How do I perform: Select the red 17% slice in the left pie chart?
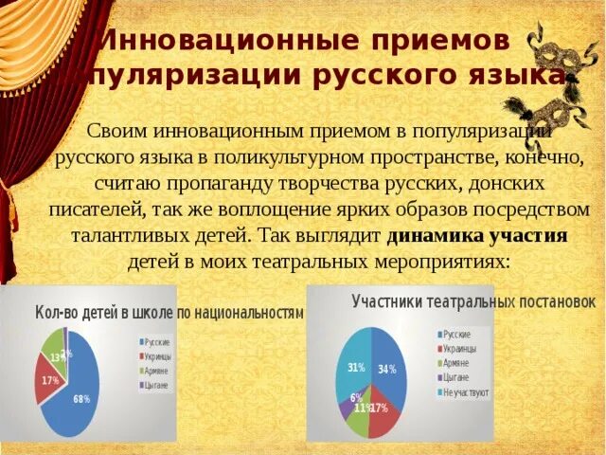(x=48, y=379)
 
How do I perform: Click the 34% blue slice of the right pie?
(x=388, y=365)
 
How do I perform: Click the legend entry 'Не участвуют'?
(x=464, y=392)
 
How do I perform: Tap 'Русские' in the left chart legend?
(x=157, y=341)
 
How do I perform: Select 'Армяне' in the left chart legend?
(x=157, y=371)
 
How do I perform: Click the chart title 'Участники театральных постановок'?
(x=472, y=301)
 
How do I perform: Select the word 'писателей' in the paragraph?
(x=94, y=208)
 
